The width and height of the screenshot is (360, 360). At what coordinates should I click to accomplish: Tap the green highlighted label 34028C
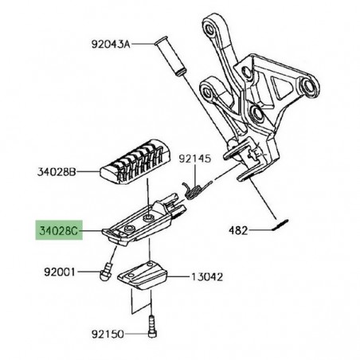[60, 232]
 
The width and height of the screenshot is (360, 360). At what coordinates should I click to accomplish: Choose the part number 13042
[206, 277]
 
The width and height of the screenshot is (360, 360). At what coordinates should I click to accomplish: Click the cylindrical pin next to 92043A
[172, 53]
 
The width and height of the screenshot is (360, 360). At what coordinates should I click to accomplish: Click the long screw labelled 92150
[152, 326]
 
